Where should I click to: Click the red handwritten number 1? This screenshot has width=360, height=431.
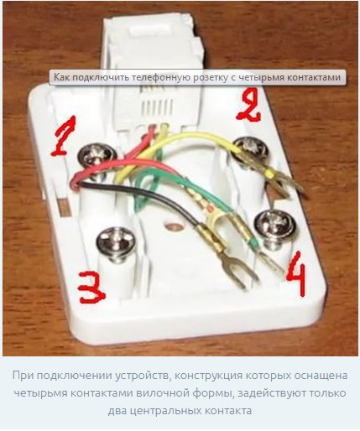[64, 136]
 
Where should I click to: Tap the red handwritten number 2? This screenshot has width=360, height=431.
[248, 106]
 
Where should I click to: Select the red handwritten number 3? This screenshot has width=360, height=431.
[91, 288]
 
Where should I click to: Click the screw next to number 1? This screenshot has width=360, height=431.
[97, 158]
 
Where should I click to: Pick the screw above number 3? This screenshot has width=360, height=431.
[116, 242]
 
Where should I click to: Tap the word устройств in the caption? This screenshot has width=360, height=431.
[142, 376]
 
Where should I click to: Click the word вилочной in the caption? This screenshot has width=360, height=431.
[161, 393]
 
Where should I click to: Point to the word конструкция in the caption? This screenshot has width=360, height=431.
[208, 376]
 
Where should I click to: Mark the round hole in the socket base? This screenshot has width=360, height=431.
[173, 226]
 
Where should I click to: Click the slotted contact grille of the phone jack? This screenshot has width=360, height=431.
[157, 107]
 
